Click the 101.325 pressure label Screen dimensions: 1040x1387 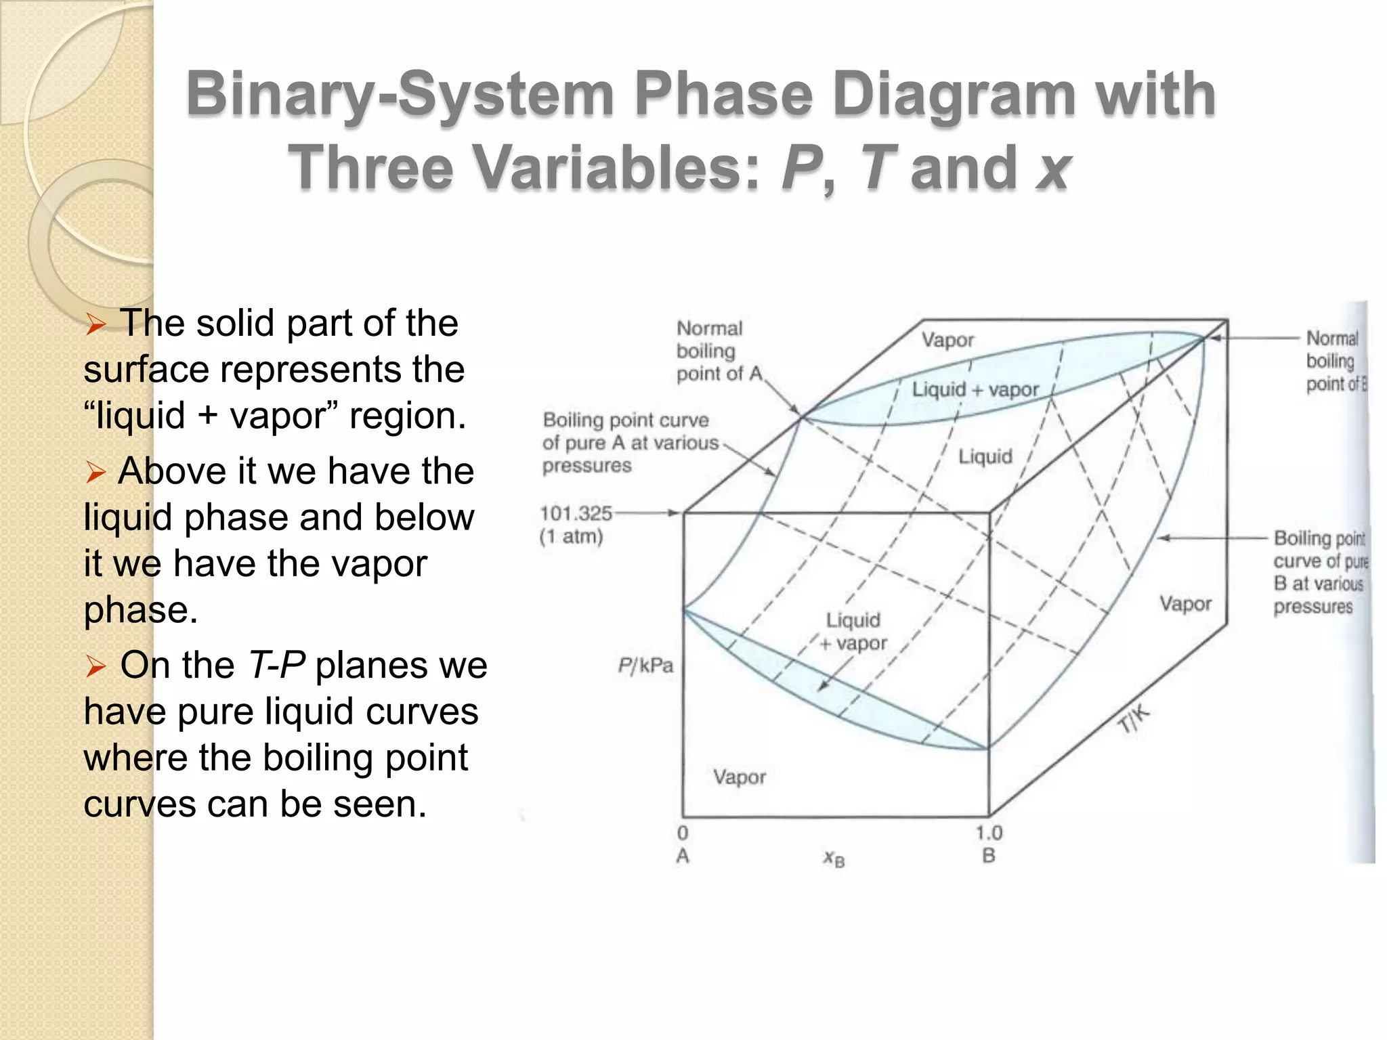576,513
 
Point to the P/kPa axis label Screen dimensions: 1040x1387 645,666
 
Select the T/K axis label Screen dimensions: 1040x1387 1133,719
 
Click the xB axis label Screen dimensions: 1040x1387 834,859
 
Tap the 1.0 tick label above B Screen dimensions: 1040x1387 989,833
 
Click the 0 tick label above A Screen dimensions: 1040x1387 683,833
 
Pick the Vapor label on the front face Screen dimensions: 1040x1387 739,777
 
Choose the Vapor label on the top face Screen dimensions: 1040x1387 947,339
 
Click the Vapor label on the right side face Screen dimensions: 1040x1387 1185,603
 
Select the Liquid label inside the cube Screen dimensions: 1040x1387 985,456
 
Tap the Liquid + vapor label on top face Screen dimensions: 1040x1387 975,389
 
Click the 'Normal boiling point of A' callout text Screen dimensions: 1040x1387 718,351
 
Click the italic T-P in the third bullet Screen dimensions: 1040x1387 277,665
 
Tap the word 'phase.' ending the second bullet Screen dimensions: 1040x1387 140,609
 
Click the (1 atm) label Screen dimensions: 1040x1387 571,537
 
